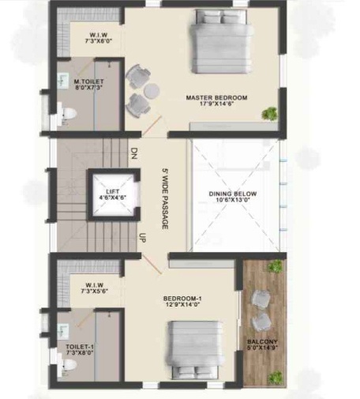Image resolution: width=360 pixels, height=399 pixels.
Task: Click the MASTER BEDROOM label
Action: [x=216, y=98]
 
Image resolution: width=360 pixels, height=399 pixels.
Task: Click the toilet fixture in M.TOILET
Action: [x=66, y=115]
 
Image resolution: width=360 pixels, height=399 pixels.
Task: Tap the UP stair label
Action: [x=142, y=236]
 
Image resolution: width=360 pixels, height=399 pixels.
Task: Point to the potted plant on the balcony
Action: [x=276, y=267]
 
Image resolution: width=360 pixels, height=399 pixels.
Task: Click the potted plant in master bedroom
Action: [x=272, y=114]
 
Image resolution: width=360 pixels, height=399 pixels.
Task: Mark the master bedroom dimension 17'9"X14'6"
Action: [x=216, y=106]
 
